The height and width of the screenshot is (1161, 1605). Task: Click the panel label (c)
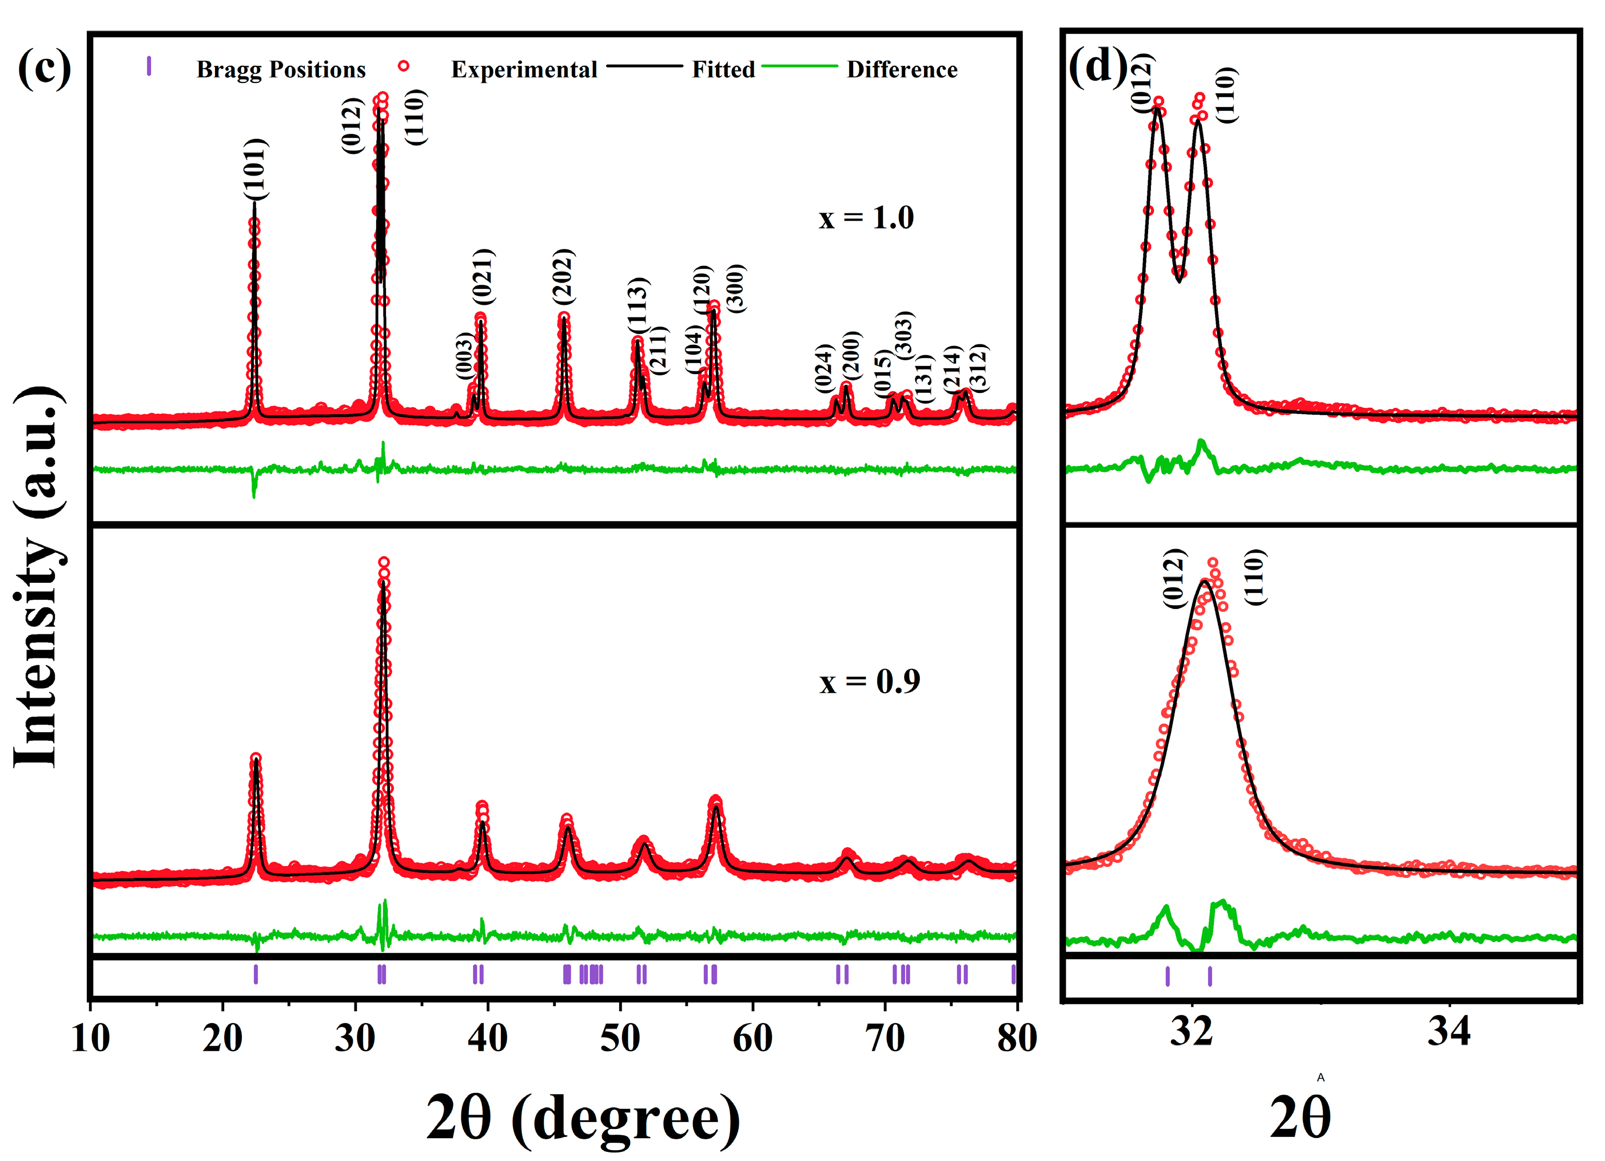click(x=45, y=69)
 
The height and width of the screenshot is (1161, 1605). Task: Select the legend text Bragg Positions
click(x=281, y=69)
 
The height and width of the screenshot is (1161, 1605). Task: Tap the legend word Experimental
click(x=524, y=69)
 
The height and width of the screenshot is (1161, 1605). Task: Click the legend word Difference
click(x=902, y=69)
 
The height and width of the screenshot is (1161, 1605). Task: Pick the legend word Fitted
click(x=723, y=69)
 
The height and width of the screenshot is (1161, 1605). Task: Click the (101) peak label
click(x=255, y=169)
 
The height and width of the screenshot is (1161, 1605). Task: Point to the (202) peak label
click(x=563, y=276)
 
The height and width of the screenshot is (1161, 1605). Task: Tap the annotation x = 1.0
click(x=866, y=217)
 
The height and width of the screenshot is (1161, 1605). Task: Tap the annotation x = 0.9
click(x=870, y=681)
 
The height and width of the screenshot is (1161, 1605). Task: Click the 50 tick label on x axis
click(x=620, y=1039)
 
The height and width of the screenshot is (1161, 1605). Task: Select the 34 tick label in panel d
click(x=1448, y=1031)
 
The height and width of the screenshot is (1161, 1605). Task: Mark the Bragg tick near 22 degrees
click(x=256, y=975)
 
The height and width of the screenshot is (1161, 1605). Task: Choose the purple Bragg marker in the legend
click(x=149, y=66)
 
